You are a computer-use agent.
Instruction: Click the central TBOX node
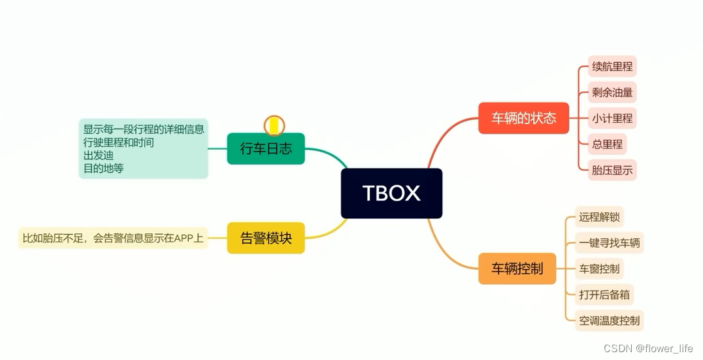391,193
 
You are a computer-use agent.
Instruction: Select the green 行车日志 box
266,148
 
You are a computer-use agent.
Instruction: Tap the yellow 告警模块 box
266,238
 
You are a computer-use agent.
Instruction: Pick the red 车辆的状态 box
523,118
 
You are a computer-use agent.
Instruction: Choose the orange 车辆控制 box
517,269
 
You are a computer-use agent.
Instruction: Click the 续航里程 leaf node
612,67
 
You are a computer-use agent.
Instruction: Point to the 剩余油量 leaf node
612,92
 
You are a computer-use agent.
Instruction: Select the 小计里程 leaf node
612,118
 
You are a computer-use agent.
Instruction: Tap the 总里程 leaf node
607,144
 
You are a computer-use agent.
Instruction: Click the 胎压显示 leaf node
612,170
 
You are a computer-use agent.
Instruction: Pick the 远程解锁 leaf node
598,216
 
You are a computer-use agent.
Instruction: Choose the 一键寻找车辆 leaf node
610,243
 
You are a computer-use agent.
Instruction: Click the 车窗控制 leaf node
598,269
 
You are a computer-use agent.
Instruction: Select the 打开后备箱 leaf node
604,295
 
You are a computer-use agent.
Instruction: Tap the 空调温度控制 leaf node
610,321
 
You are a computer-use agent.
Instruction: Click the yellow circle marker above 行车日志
274,125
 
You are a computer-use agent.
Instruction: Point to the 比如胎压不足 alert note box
113,238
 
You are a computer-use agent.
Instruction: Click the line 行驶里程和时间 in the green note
118,142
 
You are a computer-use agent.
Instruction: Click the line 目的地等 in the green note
103,168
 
